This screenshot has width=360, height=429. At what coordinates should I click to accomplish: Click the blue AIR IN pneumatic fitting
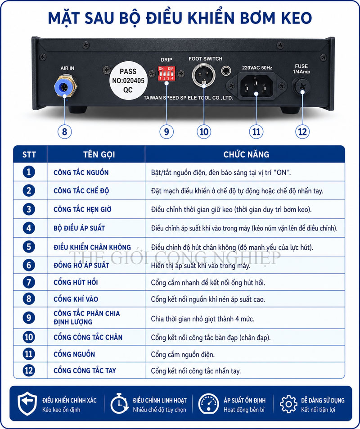click(x=65, y=87)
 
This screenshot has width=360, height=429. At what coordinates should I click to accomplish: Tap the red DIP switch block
click(x=166, y=73)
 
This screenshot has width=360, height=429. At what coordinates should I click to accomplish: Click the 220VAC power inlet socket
click(x=256, y=86)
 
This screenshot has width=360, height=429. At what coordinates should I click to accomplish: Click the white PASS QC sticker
click(x=128, y=81)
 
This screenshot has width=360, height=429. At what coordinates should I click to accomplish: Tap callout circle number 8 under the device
click(x=64, y=131)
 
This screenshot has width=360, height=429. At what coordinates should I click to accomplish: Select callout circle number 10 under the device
click(x=204, y=131)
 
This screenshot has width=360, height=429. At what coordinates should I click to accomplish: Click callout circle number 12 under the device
click(x=302, y=131)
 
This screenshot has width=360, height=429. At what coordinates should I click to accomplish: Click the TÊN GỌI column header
click(x=99, y=154)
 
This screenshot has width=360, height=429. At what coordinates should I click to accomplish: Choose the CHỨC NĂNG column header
click(x=246, y=154)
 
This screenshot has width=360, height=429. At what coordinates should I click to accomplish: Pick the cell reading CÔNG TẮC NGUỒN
click(x=81, y=173)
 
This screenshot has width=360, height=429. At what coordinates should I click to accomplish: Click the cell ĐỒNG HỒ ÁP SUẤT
click(x=81, y=265)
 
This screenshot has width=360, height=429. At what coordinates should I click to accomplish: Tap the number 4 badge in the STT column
click(x=29, y=228)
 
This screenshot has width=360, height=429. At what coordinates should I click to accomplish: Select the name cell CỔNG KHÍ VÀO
click(x=76, y=299)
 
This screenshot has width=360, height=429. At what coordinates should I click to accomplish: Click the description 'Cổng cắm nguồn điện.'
click(x=183, y=355)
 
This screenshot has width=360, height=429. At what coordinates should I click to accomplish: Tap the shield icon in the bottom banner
click(x=27, y=403)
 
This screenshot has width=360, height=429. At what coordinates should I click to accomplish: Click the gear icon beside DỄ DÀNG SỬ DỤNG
click(x=288, y=404)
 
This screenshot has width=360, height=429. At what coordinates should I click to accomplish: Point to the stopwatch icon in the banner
click(x=119, y=403)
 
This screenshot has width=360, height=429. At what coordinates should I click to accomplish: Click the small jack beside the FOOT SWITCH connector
click(x=226, y=71)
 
